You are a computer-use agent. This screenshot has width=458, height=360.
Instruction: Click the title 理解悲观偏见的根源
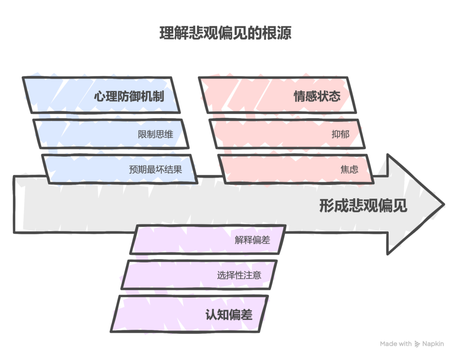pyautogui.click(x=225, y=33)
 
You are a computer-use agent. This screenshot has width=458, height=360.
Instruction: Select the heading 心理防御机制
pyautogui.click(x=129, y=96)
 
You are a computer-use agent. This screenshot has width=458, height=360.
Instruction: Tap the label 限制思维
pyautogui.click(x=155, y=134)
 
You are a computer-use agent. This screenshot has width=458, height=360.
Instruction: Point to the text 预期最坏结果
pyautogui.click(x=155, y=169)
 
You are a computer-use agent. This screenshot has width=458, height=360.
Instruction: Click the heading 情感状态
pyautogui.click(x=317, y=96)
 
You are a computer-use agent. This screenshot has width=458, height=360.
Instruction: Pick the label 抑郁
pyautogui.click(x=340, y=134)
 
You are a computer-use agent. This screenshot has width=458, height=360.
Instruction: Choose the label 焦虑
pyautogui.click(x=349, y=169)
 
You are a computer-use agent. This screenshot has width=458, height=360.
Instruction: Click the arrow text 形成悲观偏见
pyautogui.click(x=363, y=205)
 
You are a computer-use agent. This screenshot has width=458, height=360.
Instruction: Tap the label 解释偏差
pyautogui.click(x=252, y=240)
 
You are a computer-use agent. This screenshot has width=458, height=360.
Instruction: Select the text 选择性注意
pyautogui.click(x=239, y=275)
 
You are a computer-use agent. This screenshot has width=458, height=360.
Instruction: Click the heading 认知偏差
pyautogui.click(x=229, y=314)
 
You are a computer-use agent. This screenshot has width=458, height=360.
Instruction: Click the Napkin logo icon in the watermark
pyautogui.click(x=417, y=344)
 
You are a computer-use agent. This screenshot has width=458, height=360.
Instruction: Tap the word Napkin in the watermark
pyautogui.click(x=433, y=344)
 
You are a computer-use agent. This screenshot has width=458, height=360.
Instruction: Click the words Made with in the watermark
pyautogui.click(x=396, y=344)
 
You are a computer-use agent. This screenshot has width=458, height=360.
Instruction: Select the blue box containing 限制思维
pyautogui.click(x=111, y=134)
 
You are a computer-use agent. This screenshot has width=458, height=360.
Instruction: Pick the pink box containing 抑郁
pyautogui.click(x=287, y=134)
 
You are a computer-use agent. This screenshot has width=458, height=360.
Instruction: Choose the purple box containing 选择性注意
pyautogui.click(x=199, y=275)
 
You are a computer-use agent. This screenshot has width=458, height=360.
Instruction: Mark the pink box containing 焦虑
pyautogui.click(x=296, y=169)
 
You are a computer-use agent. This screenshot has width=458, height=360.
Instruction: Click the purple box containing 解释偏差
pyautogui.click(x=208, y=239)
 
